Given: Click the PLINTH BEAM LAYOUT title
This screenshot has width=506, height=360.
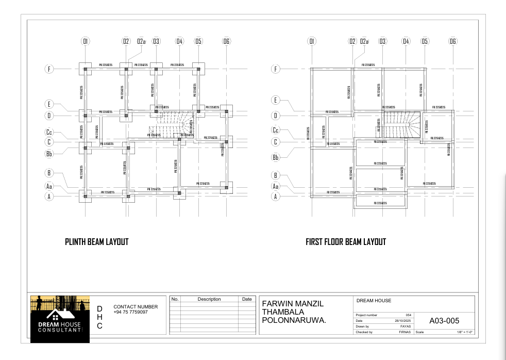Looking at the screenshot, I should click(x=96, y=241).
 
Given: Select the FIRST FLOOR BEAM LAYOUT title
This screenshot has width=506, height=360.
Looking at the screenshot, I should click(x=345, y=241).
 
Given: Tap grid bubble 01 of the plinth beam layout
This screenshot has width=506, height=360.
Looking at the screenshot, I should click(x=86, y=41).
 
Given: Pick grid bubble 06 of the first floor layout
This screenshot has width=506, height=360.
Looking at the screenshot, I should click(x=452, y=41).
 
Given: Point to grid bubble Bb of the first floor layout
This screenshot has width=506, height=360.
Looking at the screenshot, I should click(x=276, y=157).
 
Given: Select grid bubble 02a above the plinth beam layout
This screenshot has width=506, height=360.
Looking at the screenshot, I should click(x=141, y=41).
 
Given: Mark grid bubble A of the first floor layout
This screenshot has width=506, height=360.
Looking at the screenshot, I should click(x=276, y=196).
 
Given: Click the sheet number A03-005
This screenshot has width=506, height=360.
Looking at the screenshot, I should click(x=444, y=321).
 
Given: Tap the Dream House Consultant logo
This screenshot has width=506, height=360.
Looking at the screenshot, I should click(x=60, y=319).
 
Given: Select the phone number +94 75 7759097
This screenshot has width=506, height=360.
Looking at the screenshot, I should click(x=130, y=312).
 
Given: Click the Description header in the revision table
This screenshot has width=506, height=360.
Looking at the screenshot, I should click(x=209, y=299).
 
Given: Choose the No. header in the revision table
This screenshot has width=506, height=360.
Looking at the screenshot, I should click(x=175, y=299).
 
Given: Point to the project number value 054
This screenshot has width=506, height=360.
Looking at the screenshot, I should click(x=408, y=315).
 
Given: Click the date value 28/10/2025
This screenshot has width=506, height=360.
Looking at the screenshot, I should click(x=402, y=320).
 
